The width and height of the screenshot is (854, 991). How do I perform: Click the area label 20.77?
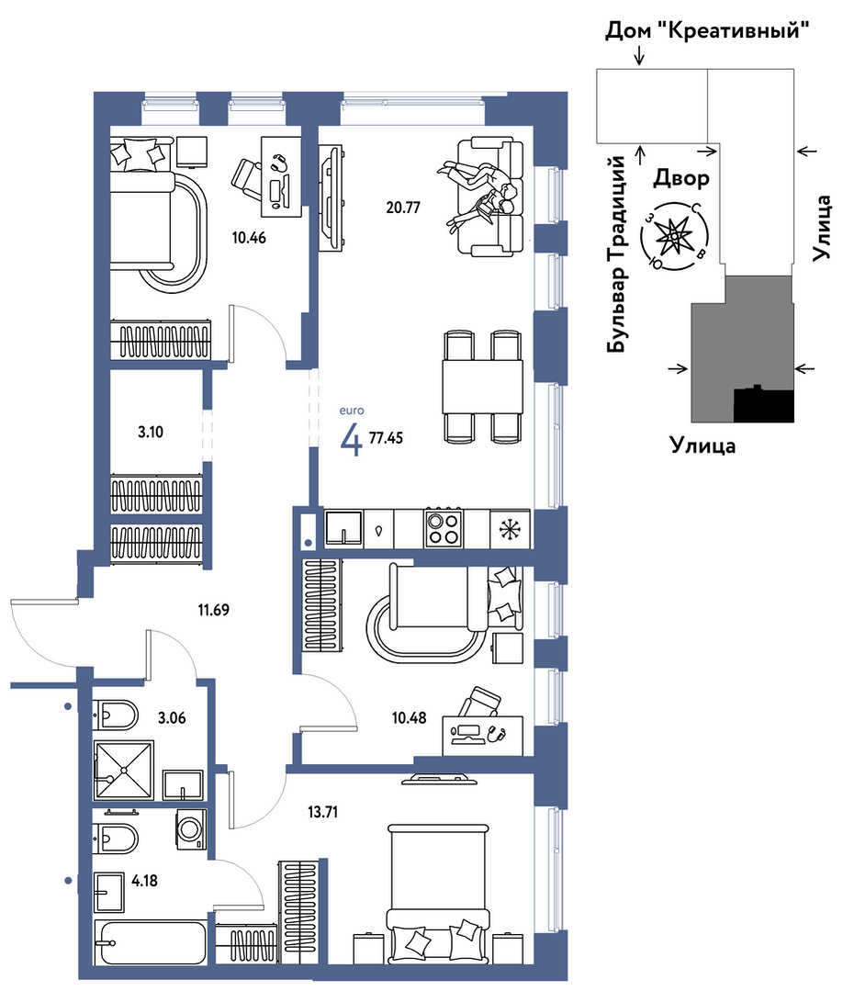click(402, 208)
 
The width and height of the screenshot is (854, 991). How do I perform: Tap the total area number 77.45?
click(386, 437)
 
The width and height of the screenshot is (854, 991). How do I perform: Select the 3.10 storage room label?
click(151, 433)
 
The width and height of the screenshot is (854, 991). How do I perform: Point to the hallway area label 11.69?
click(213, 610)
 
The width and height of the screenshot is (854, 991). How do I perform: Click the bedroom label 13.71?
click(322, 812)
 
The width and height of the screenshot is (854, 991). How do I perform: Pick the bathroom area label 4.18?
click(145, 881)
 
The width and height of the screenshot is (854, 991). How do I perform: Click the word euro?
click(352, 411)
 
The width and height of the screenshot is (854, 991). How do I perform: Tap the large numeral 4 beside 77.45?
click(351, 440)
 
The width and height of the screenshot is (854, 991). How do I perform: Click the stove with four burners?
click(444, 528)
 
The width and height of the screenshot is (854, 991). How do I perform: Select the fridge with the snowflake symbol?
click(510, 528)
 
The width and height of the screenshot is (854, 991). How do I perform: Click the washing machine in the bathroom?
click(190, 828)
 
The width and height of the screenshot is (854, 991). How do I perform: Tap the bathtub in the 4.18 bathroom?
click(150, 942)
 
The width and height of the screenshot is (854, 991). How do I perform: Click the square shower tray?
click(124, 771)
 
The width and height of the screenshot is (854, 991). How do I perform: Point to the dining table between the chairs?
click(483, 387)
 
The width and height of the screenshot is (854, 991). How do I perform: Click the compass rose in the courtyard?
click(674, 236)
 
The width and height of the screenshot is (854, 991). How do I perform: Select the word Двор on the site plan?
click(680, 178)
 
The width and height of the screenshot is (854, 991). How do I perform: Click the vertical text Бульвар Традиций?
click(617, 253)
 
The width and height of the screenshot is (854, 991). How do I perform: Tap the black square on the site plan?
click(763, 404)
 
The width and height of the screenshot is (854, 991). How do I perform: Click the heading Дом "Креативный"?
click(707, 30)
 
